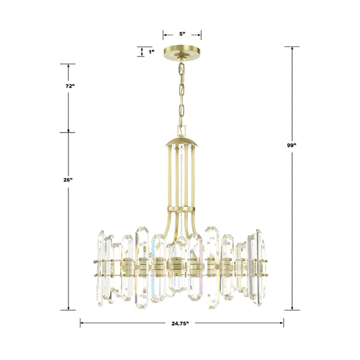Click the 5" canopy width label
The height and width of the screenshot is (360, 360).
[x=182, y=34]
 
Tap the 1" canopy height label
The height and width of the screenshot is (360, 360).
[x=151, y=52]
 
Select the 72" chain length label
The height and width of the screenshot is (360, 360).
[x=70, y=86]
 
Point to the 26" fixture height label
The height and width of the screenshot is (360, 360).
[x=68, y=180]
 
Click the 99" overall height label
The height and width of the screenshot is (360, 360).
[x=292, y=145]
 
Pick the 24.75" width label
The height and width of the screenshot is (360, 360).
[x=180, y=323]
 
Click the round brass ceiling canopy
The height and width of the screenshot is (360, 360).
[x=182, y=53]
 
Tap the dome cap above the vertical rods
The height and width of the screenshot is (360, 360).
[x=181, y=142]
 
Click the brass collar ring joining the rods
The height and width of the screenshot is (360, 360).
[x=181, y=209]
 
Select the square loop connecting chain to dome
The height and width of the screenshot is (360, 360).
[x=181, y=131]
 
